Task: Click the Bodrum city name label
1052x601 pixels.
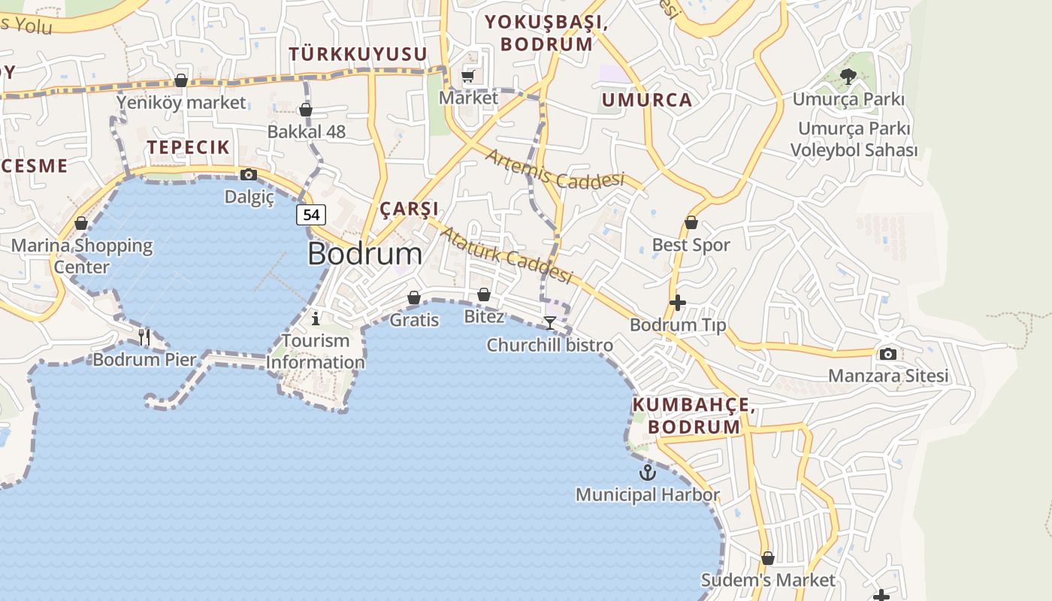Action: (364, 254)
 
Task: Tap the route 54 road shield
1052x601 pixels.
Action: (311, 215)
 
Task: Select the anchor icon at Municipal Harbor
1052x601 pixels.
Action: (647, 473)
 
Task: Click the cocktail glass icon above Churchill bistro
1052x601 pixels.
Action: (550, 323)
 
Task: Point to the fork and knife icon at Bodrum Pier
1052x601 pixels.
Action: (144, 337)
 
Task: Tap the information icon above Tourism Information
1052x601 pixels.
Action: (316, 319)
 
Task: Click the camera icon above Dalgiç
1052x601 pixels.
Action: (249, 175)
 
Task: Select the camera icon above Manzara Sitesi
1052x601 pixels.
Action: (887, 354)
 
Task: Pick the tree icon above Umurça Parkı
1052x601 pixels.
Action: (848, 76)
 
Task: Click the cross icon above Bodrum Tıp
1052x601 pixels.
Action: (677, 303)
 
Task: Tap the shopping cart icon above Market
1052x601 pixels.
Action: (468, 76)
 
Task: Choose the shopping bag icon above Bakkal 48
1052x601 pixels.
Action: (306, 110)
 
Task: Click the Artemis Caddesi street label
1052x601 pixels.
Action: (555, 169)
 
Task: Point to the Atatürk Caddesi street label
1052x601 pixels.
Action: (505, 255)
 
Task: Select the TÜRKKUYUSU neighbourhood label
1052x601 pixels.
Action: (358, 54)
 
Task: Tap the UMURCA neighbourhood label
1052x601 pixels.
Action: (647, 100)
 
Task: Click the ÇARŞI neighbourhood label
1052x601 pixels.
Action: (409, 209)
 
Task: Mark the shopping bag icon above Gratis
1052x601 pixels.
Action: (414, 298)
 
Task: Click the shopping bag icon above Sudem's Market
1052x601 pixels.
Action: (767, 558)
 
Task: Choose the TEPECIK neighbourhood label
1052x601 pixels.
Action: (188, 147)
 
